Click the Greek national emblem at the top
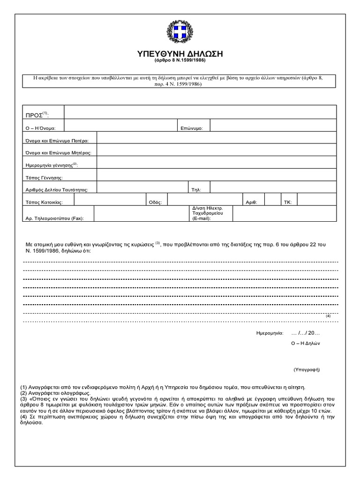[180, 33]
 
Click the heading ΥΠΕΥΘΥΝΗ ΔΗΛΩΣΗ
[180, 54]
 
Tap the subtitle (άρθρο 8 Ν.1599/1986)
[180, 61]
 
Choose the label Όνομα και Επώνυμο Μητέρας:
[61, 152]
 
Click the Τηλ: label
[196, 190]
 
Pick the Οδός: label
[155, 202]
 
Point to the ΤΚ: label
[287, 202]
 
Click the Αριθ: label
[251, 202]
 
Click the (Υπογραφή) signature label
[307, 369]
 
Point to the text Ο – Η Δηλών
[305, 343]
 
